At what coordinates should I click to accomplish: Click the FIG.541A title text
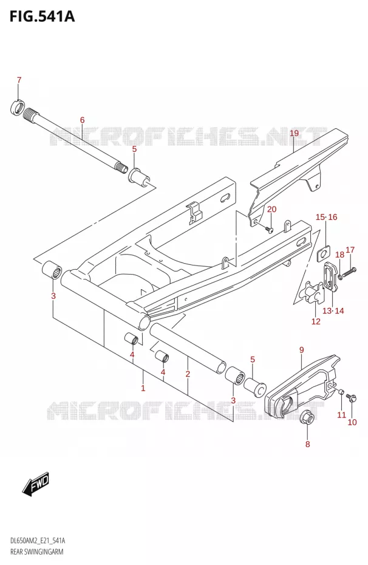click(x=42, y=16)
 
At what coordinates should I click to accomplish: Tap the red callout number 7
click(x=19, y=80)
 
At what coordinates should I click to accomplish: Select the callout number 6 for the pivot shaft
click(x=82, y=120)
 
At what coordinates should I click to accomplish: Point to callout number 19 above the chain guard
click(x=294, y=133)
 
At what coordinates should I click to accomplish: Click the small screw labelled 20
click(x=268, y=228)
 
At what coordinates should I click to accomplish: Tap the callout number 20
click(x=271, y=210)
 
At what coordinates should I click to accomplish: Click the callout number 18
click(x=339, y=255)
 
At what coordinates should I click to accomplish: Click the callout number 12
click(x=316, y=321)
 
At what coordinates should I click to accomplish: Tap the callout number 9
click(x=301, y=349)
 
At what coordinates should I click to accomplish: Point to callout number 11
click(x=341, y=415)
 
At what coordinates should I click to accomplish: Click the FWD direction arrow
click(x=35, y=482)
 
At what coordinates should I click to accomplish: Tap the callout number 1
click(x=143, y=388)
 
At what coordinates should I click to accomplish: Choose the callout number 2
click(x=188, y=374)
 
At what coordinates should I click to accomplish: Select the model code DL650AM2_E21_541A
click(x=38, y=541)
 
